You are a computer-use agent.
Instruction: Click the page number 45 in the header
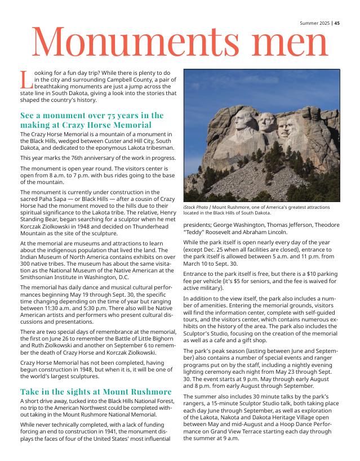coord(337,23)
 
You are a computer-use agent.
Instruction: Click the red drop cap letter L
coord(25,79)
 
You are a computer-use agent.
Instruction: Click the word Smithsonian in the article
coord(41,278)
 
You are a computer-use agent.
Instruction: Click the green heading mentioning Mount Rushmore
coord(96,391)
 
